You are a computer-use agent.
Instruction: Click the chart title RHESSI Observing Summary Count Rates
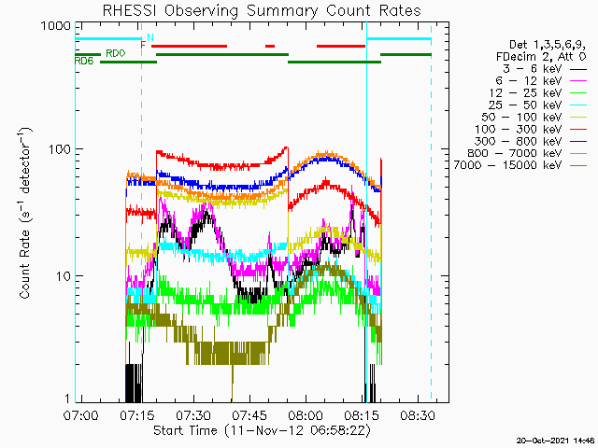262,11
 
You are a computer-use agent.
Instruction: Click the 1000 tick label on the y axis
56,26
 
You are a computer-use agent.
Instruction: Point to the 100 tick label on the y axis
60,149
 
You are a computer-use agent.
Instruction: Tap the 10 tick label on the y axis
64,276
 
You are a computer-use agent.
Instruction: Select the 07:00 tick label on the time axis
81,414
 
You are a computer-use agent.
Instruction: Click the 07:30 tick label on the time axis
193,414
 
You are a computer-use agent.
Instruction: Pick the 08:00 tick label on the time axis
306,414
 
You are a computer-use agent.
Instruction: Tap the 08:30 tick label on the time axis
418,414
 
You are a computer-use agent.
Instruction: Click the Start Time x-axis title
262,431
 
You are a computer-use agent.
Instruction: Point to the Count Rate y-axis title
25,214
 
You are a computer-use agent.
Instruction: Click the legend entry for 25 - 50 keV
537,105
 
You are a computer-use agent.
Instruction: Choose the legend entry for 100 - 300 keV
531,129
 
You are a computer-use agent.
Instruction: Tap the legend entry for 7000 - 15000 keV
520,165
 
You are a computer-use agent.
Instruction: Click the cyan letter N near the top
150,37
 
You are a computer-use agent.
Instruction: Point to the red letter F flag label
143,46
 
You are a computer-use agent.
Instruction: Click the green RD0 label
116,53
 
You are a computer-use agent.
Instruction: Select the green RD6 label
84,61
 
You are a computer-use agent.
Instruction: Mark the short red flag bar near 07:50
270,46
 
